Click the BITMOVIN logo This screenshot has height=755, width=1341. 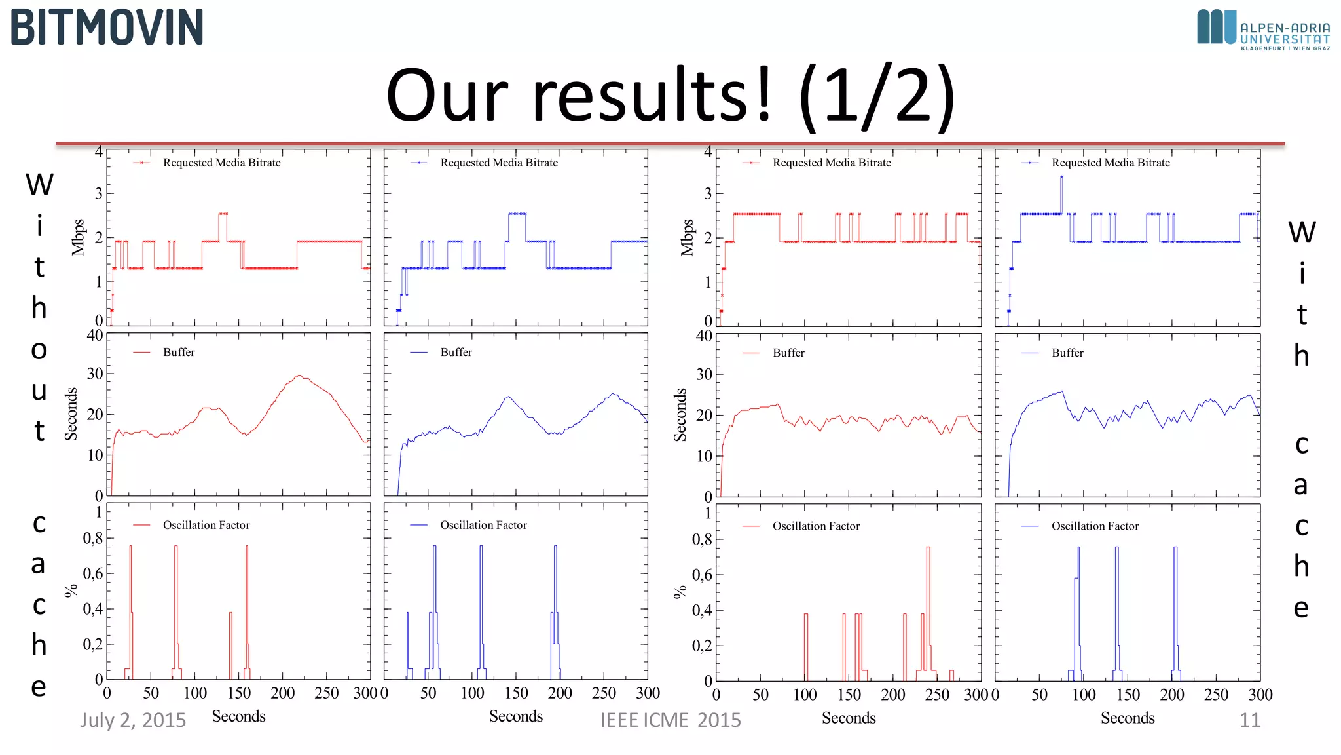(x=107, y=28)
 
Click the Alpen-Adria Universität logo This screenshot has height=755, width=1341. (x=1262, y=29)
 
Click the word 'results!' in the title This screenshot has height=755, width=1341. (x=652, y=95)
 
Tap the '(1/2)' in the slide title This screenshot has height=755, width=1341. (x=877, y=95)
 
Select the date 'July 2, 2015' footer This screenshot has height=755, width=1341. (x=133, y=720)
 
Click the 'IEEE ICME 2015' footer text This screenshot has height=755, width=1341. (x=670, y=720)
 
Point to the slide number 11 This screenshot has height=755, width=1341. (x=1249, y=720)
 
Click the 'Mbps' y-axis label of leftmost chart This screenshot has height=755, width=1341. (x=79, y=237)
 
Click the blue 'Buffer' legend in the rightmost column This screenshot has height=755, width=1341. (x=1067, y=353)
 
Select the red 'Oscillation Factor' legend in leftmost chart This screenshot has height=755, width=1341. (x=206, y=525)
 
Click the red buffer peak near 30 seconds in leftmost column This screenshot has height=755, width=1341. (x=299, y=376)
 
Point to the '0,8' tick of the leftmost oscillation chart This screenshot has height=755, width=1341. (x=93, y=539)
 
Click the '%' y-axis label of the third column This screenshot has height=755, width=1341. (x=680, y=592)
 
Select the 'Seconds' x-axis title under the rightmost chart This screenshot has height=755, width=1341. (x=1127, y=718)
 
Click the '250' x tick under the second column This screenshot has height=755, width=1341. (x=604, y=693)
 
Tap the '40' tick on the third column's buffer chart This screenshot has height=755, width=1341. (x=704, y=336)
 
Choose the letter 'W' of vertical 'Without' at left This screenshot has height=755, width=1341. (x=39, y=184)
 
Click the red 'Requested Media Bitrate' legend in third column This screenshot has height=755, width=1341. (x=831, y=163)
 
